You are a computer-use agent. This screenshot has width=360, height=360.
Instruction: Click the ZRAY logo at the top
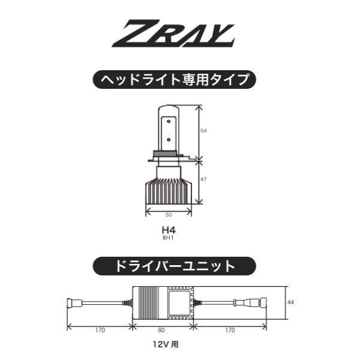click(179, 35)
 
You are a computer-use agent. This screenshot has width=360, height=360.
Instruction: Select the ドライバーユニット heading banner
click(174, 264)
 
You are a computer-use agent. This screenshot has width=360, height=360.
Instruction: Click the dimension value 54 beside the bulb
click(204, 130)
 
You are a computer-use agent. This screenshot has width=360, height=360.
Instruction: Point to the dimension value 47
click(204, 179)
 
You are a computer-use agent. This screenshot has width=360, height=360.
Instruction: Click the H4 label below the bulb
click(168, 229)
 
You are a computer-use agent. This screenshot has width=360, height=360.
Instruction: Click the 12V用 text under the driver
click(165, 344)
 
